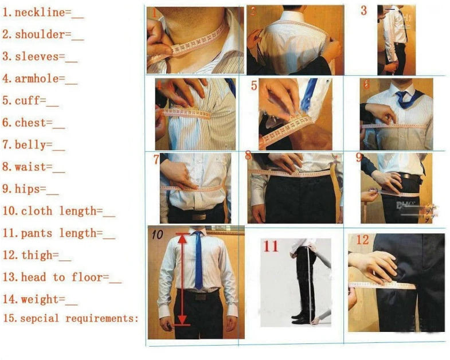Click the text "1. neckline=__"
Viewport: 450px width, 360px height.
click(x=43, y=13)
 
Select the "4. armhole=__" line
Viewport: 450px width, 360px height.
click(x=40, y=79)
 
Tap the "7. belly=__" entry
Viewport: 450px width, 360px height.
click(x=34, y=144)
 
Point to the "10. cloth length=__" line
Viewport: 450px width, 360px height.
click(x=59, y=211)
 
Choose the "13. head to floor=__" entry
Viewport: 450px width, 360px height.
click(x=62, y=277)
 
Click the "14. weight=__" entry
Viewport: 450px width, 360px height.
click(x=40, y=299)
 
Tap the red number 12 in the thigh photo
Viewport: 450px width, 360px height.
click(x=362, y=240)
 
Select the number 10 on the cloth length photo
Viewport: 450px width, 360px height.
click(x=158, y=234)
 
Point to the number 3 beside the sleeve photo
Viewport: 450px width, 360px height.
click(x=363, y=10)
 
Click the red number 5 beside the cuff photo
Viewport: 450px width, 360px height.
click(x=254, y=87)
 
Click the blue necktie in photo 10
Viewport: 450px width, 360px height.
click(x=198, y=261)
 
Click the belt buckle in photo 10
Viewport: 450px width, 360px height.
click(x=200, y=297)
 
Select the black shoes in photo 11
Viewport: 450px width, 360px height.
click(x=300, y=317)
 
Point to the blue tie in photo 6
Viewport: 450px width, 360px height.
click(x=405, y=99)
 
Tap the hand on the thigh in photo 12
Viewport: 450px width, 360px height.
click(x=375, y=264)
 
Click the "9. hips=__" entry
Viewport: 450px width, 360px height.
click(x=31, y=189)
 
